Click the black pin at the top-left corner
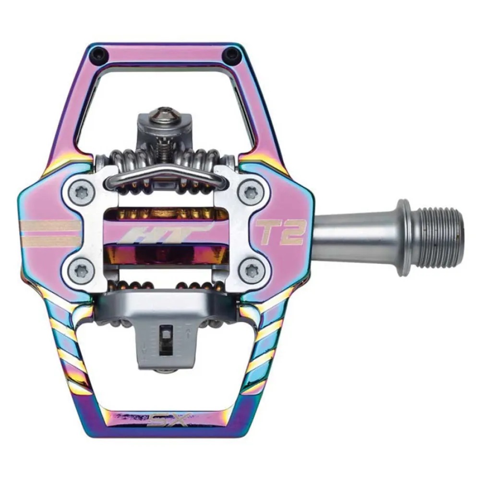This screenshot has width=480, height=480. pyautogui.click(x=99, y=52)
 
